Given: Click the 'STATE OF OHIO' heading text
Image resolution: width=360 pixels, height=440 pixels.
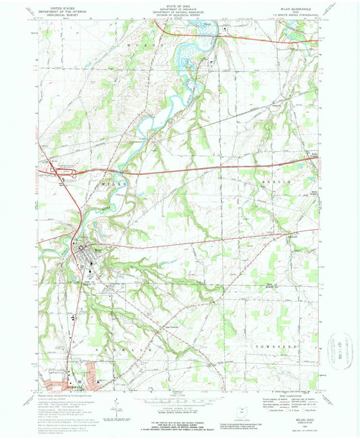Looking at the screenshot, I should (x=179, y=5).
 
